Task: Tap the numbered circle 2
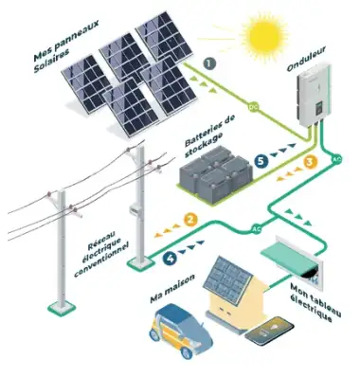[190, 221]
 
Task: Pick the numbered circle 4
[171, 255]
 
